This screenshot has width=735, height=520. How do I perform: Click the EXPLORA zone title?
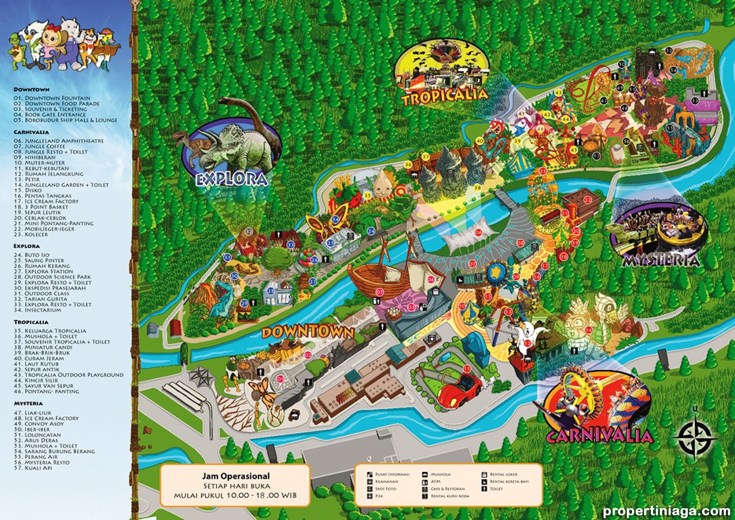pyautogui.click(x=232, y=179)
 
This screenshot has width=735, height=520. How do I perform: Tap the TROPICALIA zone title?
pyautogui.click(x=445, y=96)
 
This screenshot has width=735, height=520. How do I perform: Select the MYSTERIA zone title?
pyautogui.click(x=661, y=260)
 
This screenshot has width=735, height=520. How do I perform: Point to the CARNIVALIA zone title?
pyautogui.click(x=599, y=435)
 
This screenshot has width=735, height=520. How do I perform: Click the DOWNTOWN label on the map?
pyautogui.click(x=308, y=332)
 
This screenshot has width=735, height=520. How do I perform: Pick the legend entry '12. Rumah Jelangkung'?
pyautogui.click(x=54, y=174)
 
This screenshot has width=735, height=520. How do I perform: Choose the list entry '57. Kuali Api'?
pyautogui.click(x=39, y=468)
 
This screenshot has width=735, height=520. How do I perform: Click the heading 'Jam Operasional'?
pyautogui.click(x=236, y=476)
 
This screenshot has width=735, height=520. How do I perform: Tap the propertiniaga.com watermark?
pyautogui.click(x=666, y=511)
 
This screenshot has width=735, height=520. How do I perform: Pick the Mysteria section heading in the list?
pyautogui.click(x=28, y=403)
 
